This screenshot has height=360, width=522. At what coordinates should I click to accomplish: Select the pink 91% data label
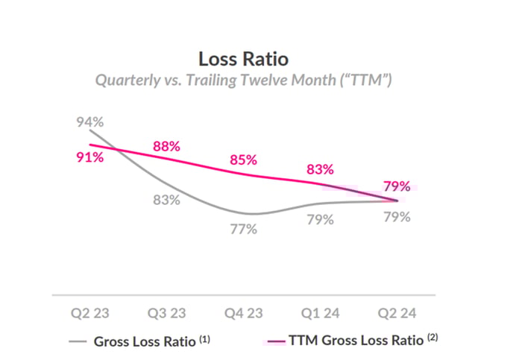[88, 158]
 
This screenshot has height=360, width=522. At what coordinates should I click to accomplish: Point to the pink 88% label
[166, 146]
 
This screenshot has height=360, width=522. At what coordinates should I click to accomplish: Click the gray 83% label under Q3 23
[166, 200]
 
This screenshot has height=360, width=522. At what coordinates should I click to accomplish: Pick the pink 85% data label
[243, 160]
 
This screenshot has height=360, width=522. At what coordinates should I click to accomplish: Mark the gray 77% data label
[243, 230]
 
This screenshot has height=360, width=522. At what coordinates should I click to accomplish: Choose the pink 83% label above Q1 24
[319, 170]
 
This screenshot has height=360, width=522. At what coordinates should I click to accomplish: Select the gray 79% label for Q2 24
[397, 217]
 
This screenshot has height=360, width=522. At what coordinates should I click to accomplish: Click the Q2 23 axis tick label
[88, 312]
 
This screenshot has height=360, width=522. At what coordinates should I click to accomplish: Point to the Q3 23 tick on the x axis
[166, 312]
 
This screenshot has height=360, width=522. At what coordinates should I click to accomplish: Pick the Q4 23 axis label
[243, 312]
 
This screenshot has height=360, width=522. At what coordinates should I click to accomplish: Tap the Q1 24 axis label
[319, 312]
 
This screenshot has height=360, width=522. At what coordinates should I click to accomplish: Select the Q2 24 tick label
[397, 312]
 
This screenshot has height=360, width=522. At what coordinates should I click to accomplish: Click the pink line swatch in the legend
[277, 342]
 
